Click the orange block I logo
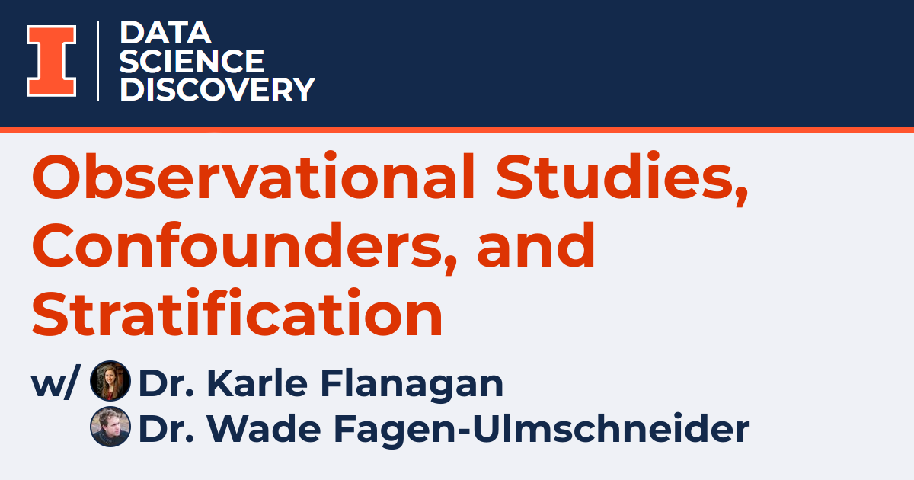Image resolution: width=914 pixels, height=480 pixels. click(x=52, y=61)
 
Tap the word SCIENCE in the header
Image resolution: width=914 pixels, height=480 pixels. click(x=192, y=61)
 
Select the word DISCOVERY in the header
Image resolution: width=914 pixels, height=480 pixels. click(x=217, y=89)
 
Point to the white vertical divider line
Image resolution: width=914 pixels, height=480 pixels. click(x=98, y=60)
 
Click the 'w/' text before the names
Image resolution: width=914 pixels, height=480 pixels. click(x=54, y=384)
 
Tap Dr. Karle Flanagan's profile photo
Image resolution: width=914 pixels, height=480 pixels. click(x=110, y=381)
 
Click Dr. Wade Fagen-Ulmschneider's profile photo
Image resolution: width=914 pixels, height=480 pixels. click(x=110, y=427)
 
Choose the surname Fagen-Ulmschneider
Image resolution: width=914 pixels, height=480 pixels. click(x=534, y=429)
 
